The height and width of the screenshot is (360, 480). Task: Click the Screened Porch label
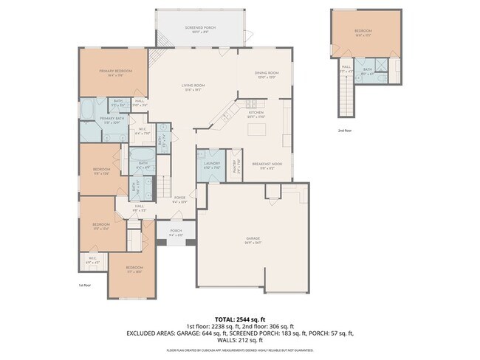click(199, 27)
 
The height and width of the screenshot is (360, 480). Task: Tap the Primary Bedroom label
click(116, 71)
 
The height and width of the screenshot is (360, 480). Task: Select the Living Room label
click(193, 86)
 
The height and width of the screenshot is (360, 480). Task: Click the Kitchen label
click(256, 114)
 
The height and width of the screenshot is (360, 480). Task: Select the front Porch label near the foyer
click(176, 231)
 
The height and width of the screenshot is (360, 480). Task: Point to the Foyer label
click(179, 198)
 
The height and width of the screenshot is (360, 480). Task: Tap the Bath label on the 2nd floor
click(368, 70)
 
